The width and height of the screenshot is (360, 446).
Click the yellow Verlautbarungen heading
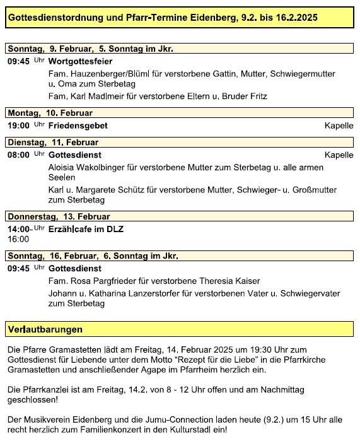45,329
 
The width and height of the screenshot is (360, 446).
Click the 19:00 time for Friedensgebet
18,126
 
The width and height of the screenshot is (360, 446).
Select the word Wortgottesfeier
81,61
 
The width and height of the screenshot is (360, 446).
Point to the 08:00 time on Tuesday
18,155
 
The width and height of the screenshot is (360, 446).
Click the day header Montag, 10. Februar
50,113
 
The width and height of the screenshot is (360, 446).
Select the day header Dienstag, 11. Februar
53,143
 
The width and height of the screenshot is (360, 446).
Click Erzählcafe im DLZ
86,229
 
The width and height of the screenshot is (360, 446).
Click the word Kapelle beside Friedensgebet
339,126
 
